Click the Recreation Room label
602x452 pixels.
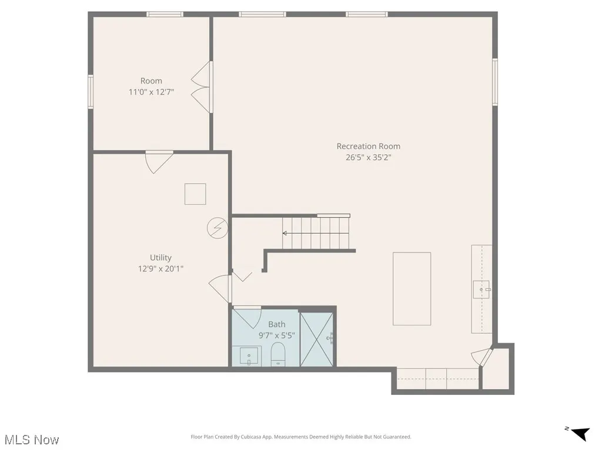coord(368,146)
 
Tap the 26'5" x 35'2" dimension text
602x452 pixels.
coord(368,157)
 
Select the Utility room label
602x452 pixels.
coord(160,257)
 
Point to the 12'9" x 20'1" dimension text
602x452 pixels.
coord(160,268)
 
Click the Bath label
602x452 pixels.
coord(277,324)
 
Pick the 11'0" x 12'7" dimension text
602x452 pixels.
coord(151,92)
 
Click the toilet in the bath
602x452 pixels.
coord(277,354)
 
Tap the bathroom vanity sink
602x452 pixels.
coord(249,356)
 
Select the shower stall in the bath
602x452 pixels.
coord(316,339)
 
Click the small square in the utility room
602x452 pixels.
coord(195,194)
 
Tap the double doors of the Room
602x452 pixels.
coord(202,87)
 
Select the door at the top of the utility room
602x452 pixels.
coord(159,161)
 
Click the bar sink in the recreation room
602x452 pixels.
coord(481,289)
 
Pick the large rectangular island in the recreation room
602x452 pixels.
coord(412,288)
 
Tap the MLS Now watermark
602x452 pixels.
coord(32,440)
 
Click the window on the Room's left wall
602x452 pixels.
coord(91,91)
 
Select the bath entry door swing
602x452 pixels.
coord(249,317)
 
